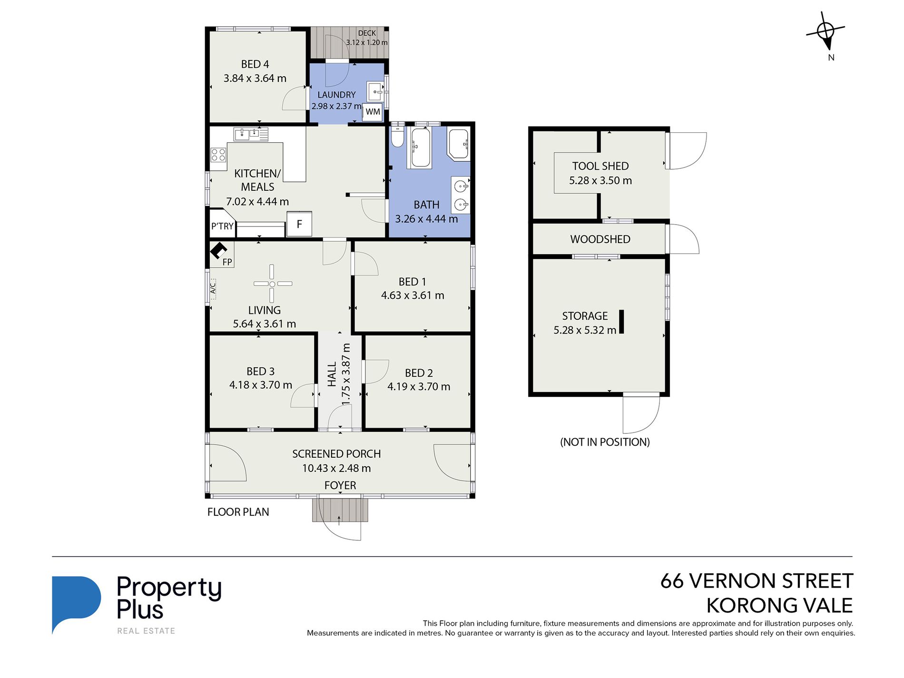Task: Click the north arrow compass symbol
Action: point(826,31)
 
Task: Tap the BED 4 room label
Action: point(255,64)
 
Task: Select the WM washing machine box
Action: point(373,112)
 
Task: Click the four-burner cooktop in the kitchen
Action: point(218,155)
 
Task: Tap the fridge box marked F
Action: point(299,224)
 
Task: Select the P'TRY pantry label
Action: point(222,226)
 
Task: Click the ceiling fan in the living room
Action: point(272,284)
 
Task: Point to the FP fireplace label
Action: point(227,262)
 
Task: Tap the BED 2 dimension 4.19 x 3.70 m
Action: point(419,387)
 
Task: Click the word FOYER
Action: point(340,485)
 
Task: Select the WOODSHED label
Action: point(600,239)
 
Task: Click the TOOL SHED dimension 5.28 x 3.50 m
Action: point(600,181)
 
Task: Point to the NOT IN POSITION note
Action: point(605,442)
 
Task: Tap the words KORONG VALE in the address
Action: point(779,606)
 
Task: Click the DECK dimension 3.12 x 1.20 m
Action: point(367,42)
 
